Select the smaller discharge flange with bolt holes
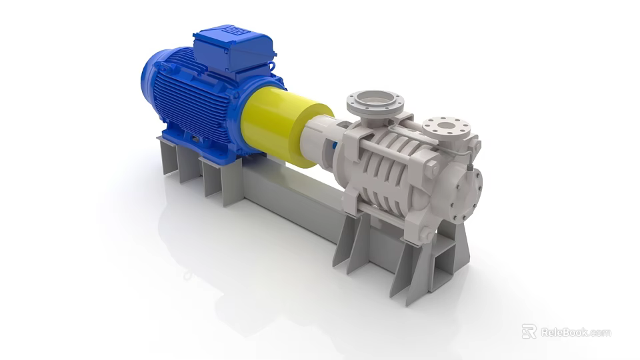[x=446, y=126]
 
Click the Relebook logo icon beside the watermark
[x=529, y=331]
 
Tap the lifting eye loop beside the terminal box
[x=272, y=67]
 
